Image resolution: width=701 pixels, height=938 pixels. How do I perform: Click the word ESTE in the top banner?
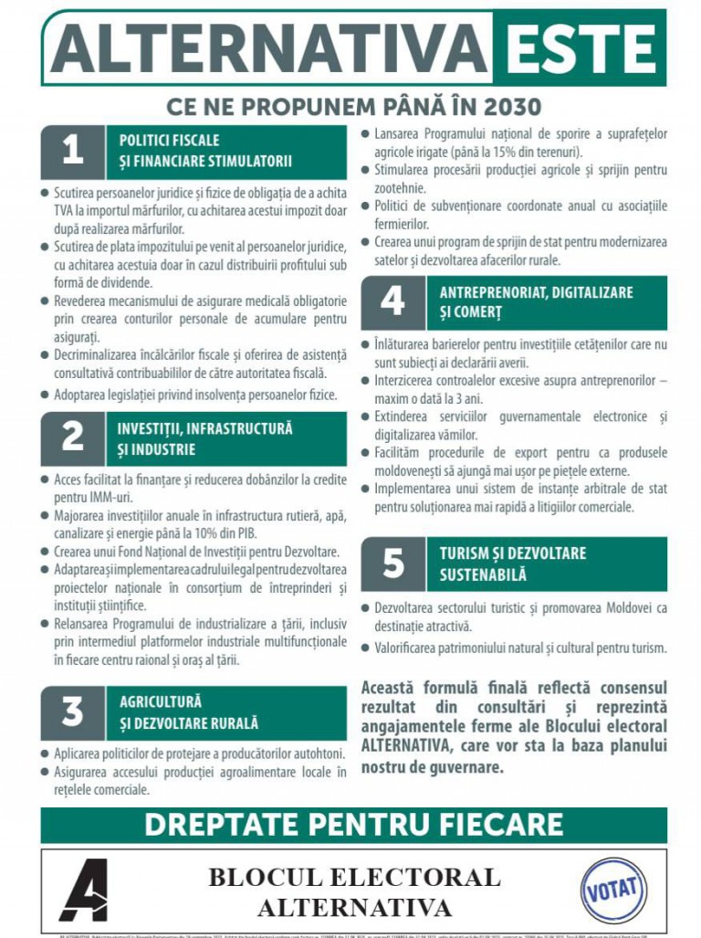579,48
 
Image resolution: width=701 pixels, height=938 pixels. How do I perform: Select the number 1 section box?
72,152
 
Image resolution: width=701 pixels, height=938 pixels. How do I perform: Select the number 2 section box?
72,438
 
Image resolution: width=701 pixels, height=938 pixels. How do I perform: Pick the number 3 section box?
72,712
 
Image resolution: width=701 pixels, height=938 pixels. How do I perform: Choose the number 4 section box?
392,302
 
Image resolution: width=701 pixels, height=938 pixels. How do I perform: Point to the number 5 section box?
392,564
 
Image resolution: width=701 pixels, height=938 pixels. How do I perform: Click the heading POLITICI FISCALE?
170,141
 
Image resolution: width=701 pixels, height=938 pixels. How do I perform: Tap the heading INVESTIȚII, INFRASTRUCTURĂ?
204,427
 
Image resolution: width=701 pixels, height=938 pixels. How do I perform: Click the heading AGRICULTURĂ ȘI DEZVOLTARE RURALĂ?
189,712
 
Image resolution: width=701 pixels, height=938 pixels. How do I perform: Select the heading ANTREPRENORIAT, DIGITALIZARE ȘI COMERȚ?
536,302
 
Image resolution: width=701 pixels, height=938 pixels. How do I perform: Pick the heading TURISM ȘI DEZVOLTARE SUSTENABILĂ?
512,564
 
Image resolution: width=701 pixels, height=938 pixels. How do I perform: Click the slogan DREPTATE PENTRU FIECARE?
353,824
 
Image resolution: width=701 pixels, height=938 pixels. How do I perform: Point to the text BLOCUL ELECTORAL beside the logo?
354,878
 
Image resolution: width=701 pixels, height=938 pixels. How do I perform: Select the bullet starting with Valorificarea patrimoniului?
520,648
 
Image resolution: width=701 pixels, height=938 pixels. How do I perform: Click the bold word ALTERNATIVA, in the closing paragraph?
405,746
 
